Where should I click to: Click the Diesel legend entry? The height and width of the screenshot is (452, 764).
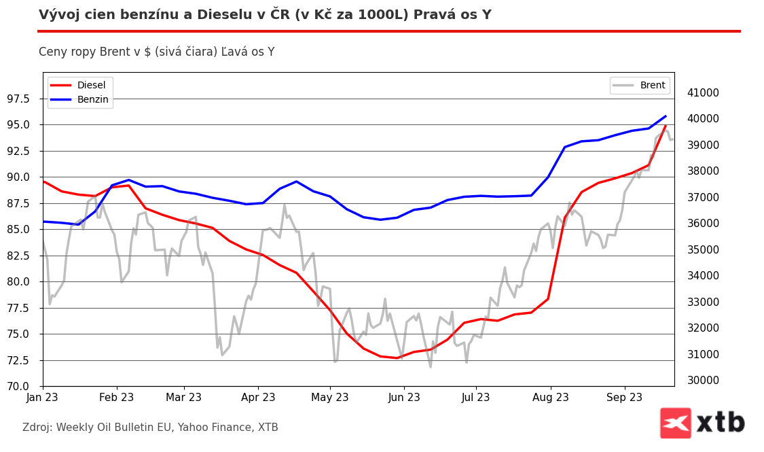click(91, 85)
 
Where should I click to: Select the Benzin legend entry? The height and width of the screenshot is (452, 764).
click(92, 99)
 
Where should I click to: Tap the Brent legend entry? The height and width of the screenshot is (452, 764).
click(652, 85)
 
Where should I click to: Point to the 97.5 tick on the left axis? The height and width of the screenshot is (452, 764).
click(18, 99)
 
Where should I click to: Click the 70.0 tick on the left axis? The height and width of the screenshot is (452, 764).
click(18, 386)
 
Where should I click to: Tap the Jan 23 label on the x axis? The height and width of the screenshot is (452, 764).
click(43, 398)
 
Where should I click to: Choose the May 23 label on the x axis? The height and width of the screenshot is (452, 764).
click(329, 398)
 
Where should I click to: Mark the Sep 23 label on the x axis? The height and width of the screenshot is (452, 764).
click(625, 398)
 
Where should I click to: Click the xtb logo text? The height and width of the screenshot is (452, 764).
click(721, 423)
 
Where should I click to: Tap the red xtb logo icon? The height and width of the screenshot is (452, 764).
click(675, 423)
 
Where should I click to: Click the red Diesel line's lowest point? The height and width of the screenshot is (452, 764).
click(397, 358)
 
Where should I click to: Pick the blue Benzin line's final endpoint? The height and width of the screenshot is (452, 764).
click(666, 116)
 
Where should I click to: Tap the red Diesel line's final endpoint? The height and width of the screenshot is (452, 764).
click(666, 126)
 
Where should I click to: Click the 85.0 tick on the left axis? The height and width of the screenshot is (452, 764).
click(18, 229)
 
